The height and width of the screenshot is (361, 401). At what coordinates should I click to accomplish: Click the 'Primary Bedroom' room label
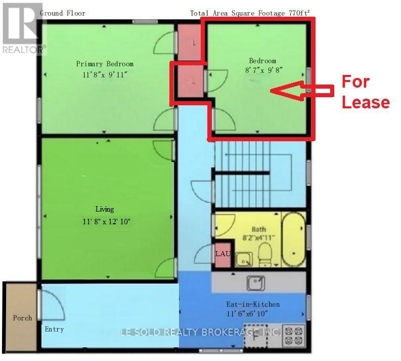105,64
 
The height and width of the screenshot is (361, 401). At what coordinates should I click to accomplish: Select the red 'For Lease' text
366,92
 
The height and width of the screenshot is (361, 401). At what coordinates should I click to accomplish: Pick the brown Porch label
22,318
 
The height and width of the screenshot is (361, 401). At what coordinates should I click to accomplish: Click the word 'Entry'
54,329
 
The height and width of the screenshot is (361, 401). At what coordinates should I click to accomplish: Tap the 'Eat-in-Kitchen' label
252,304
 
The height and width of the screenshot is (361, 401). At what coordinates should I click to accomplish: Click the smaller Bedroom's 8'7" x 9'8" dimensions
262,71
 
